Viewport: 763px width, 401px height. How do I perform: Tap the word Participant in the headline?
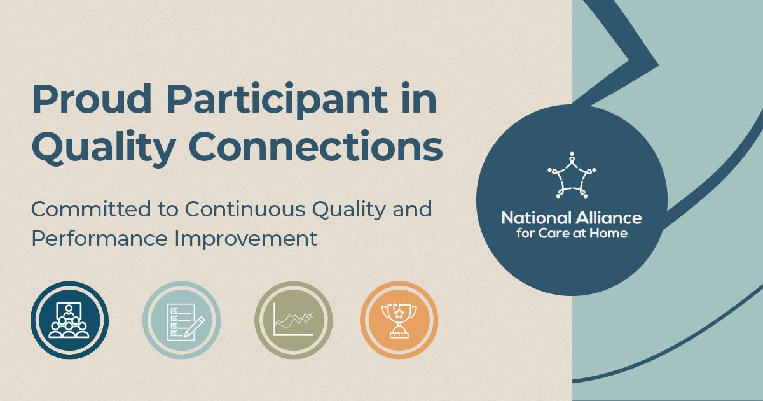277,101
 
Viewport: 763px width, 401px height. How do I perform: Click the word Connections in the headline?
316,146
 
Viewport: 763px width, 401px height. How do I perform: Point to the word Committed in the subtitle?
92,209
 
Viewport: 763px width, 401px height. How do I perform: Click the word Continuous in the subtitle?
245,209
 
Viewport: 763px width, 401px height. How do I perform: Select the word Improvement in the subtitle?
246,240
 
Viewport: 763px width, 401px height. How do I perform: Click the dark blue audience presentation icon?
69,320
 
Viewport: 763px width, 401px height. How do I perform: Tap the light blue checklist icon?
182,320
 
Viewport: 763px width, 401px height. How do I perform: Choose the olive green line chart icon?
294,320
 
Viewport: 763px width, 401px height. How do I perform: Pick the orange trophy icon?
399,320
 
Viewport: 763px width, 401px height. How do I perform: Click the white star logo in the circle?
572,175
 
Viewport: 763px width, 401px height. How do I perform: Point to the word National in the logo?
536,218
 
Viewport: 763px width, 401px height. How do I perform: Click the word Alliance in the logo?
608,218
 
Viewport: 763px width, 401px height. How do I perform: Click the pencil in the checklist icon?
195,327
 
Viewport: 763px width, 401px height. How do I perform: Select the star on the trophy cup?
399,313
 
